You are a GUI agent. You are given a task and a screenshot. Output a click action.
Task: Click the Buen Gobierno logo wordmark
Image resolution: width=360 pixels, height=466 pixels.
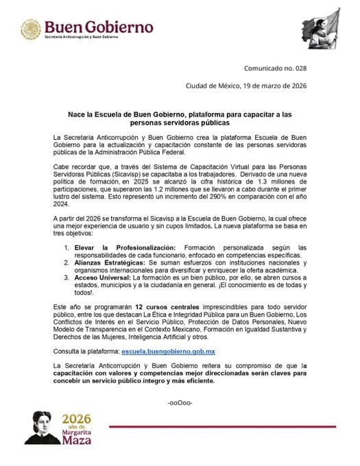coord(99,27)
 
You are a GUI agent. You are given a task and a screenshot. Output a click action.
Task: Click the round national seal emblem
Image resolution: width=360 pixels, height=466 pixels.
coord(30,30)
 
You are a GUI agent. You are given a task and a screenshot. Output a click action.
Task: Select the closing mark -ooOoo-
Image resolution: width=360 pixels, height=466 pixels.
coord(180,401)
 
